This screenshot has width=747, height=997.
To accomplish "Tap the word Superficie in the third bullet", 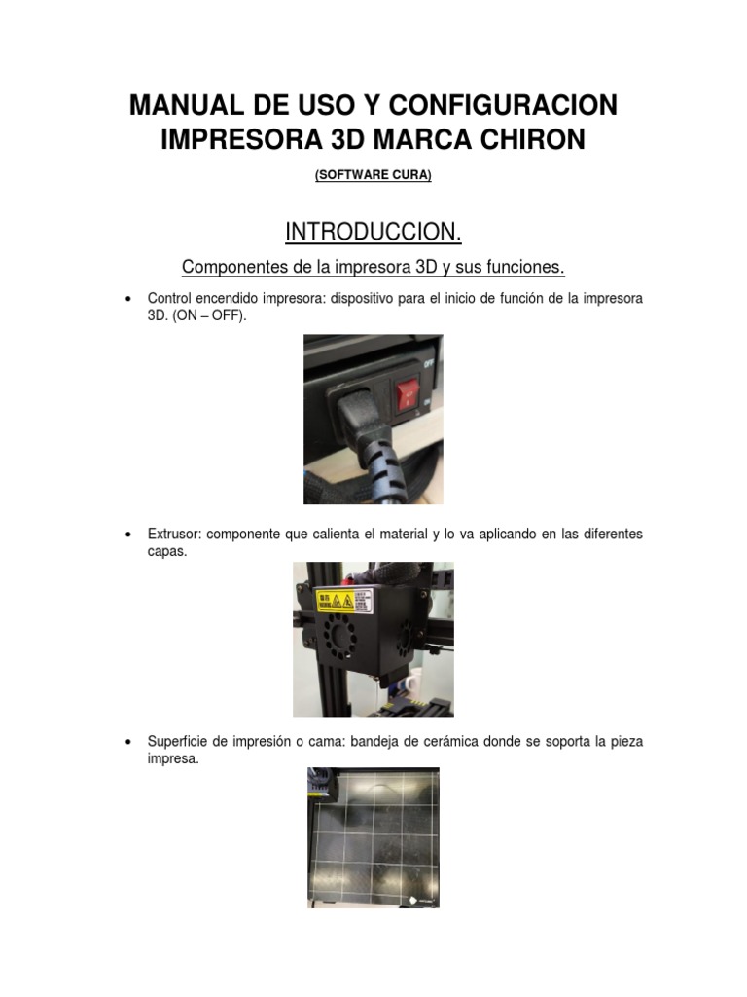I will (x=179, y=742).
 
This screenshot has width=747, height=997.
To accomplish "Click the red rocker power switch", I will (x=407, y=392).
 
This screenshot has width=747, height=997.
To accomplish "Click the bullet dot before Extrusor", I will (x=129, y=535).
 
